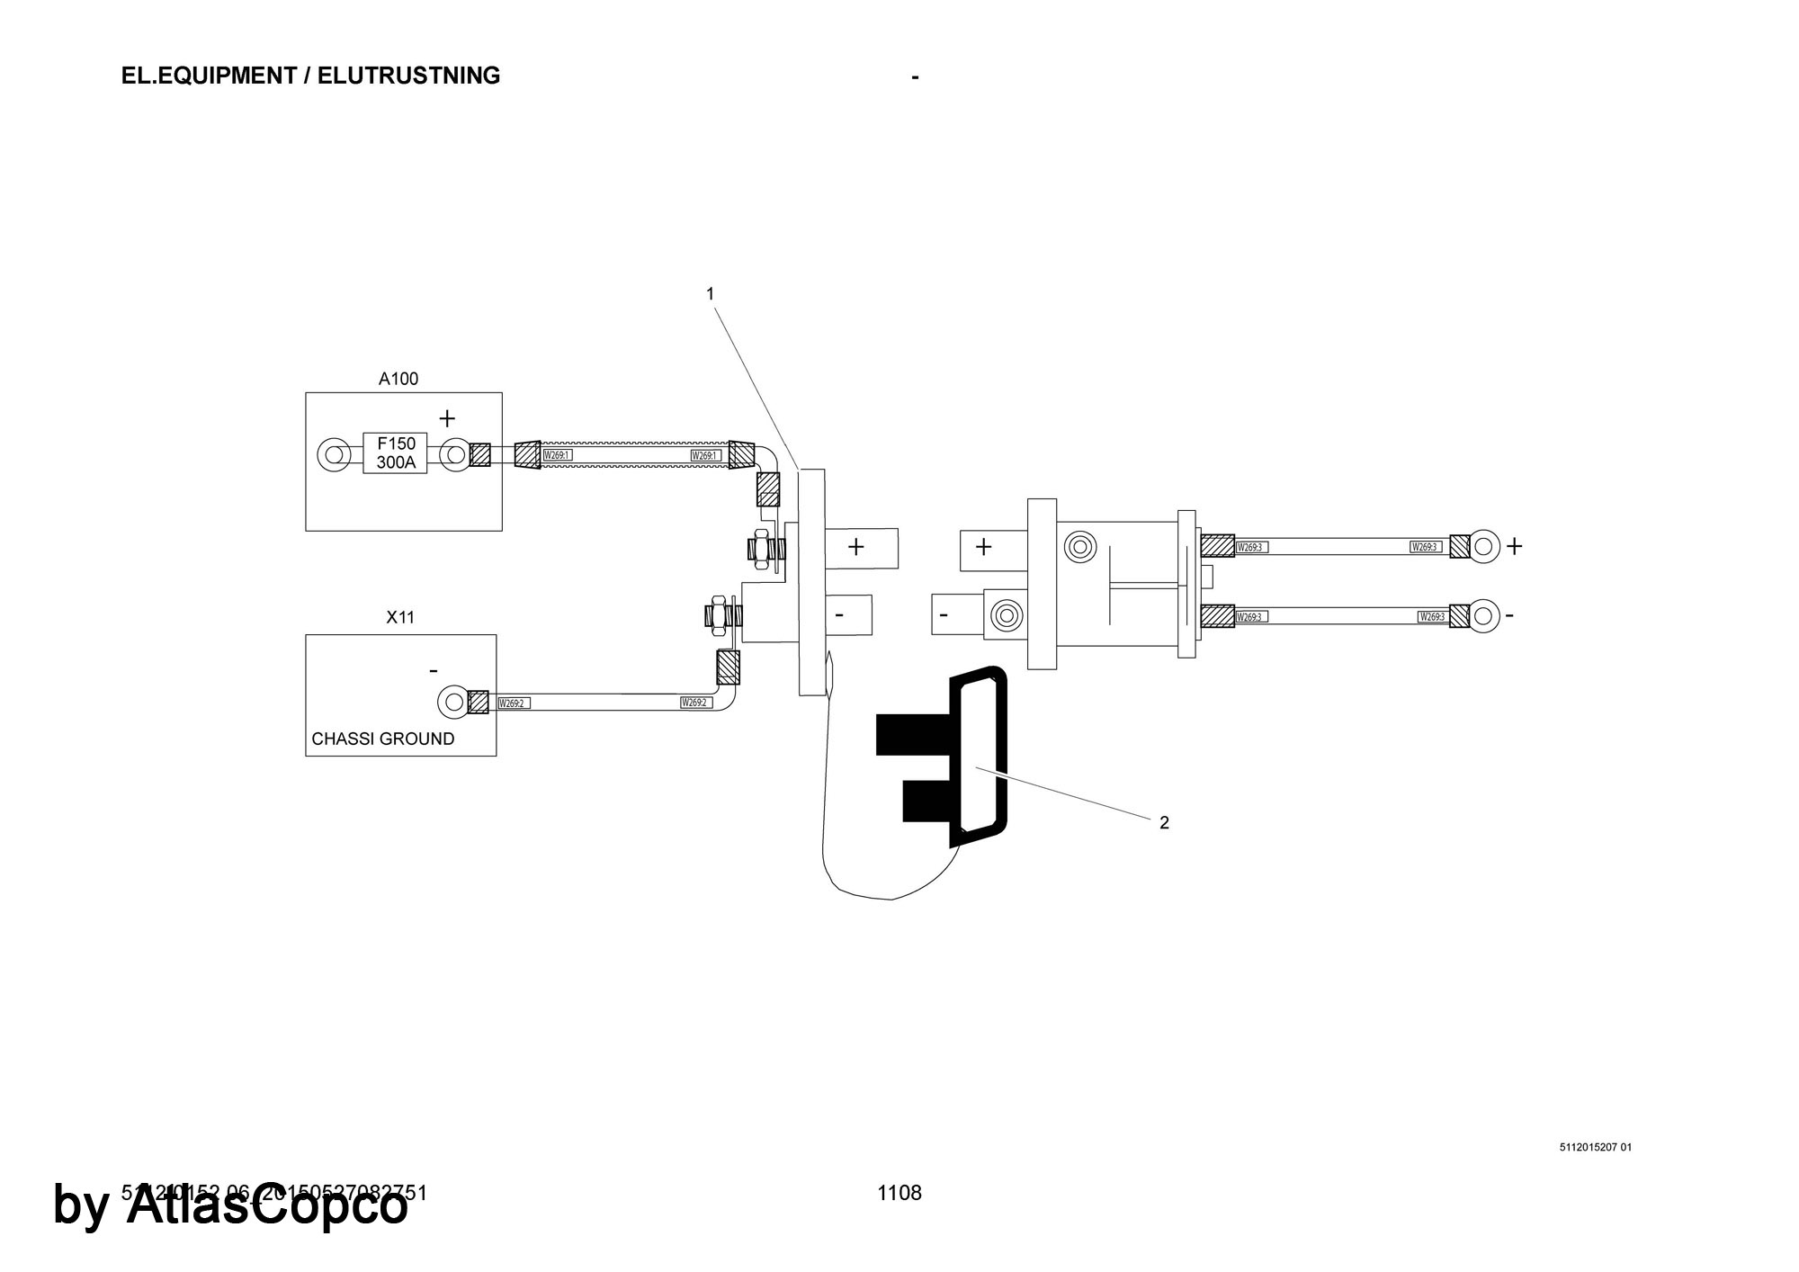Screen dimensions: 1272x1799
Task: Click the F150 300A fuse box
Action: tap(396, 453)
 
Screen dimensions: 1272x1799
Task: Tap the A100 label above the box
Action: tap(398, 379)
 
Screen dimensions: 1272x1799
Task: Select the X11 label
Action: tap(400, 617)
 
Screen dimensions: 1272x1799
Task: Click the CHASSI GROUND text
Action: tap(382, 739)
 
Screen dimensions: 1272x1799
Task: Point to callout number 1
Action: tap(711, 294)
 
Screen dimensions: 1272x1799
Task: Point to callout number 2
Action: tap(1164, 822)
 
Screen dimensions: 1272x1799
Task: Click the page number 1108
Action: tap(899, 1193)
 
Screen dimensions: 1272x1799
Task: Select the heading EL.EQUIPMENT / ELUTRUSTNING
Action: tap(310, 76)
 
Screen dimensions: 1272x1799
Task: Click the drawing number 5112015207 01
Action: tap(1595, 1147)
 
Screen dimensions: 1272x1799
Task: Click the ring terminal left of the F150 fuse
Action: tap(334, 453)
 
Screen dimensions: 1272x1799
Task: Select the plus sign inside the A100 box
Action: tap(447, 418)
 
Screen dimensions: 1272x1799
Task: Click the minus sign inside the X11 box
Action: tap(434, 671)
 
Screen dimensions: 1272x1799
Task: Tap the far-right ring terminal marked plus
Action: tap(1485, 546)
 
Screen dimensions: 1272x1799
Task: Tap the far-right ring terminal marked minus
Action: tap(1485, 616)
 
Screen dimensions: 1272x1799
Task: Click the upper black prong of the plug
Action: tap(912, 733)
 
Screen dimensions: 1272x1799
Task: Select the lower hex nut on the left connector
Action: tap(719, 614)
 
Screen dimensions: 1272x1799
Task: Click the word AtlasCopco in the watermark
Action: tap(267, 1206)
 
